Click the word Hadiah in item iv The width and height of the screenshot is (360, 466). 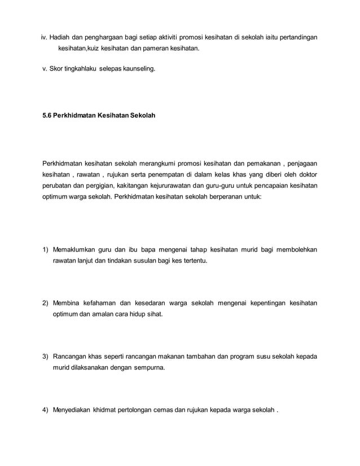pyautogui.click(x=59, y=38)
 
